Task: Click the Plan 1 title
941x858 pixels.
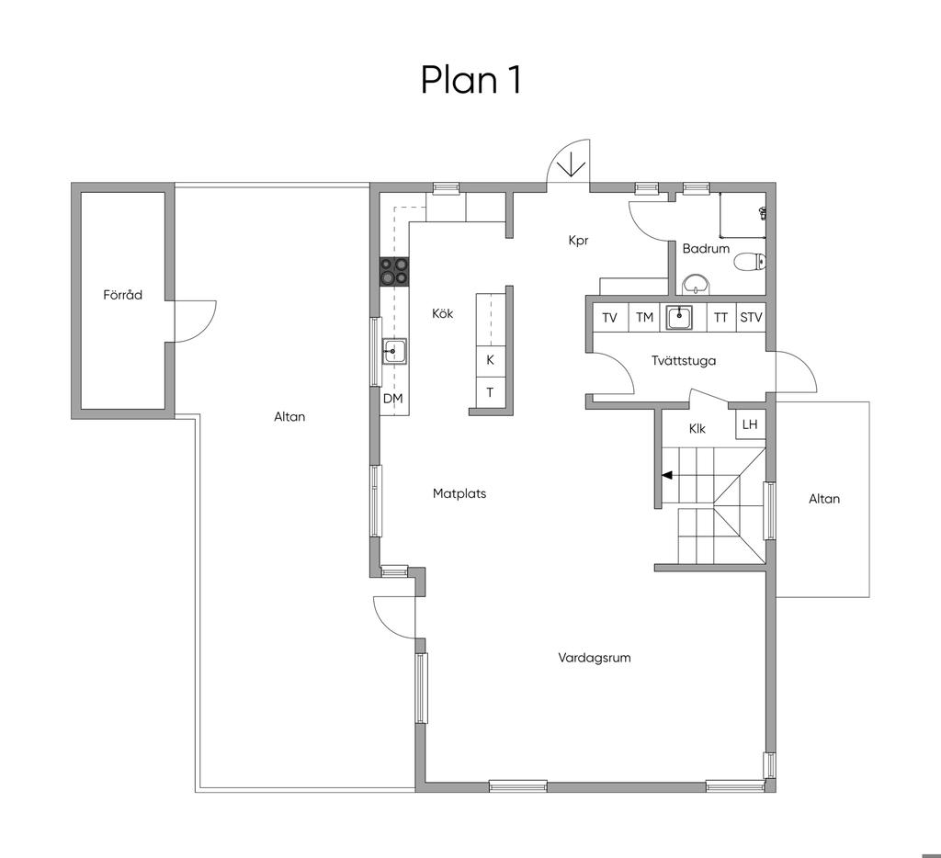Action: click(x=470, y=80)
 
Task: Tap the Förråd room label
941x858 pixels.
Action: click(x=122, y=295)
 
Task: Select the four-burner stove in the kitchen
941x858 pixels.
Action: click(x=393, y=271)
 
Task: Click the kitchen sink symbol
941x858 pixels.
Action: click(x=395, y=351)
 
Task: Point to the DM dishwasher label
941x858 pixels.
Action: click(x=393, y=399)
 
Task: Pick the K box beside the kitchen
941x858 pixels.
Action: click(x=491, y=360)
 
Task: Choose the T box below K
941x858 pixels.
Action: click(x=491, y=392)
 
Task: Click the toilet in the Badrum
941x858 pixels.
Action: click(x=752, y=262)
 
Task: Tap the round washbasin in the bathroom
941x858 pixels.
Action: click(x=697, y=284)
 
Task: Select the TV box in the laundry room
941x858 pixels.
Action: click(x=610, y=318)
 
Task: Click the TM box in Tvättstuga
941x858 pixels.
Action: click(x=644, y=318)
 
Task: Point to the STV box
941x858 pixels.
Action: click(x=751, y=318)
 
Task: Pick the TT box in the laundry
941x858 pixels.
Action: click(x=720, y=318)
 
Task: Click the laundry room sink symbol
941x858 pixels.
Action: click(x=679, y=318)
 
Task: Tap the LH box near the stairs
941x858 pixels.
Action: click(x=750, y=424)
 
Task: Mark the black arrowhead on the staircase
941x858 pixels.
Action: click(x=667, y=476)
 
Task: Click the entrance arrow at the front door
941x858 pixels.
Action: click(x=570, y=164)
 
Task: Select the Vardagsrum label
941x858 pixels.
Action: click(x=595, y=658)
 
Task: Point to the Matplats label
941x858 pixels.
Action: click(x=459, y=494)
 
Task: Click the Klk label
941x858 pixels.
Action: click(x=697, y=428)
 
